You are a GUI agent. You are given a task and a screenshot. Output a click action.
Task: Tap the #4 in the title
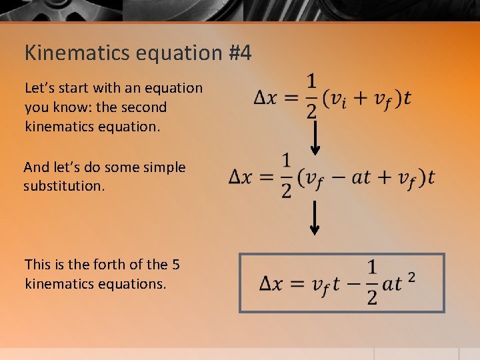239,53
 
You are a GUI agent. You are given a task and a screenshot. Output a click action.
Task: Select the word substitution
64,186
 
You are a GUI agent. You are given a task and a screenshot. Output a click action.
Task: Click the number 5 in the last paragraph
175,265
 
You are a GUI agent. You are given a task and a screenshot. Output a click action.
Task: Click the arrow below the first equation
315,137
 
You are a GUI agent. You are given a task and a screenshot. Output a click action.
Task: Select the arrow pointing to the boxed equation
315,219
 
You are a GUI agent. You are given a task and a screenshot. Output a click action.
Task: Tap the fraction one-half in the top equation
312,96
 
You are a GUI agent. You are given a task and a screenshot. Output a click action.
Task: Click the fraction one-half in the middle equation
287,176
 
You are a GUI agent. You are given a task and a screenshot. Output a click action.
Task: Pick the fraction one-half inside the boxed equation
372,283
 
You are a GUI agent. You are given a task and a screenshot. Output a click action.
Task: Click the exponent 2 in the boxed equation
411,275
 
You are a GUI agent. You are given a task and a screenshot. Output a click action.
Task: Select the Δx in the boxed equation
273,284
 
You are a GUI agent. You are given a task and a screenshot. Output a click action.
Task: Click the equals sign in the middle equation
267,177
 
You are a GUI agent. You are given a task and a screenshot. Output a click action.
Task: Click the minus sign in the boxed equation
353,284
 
